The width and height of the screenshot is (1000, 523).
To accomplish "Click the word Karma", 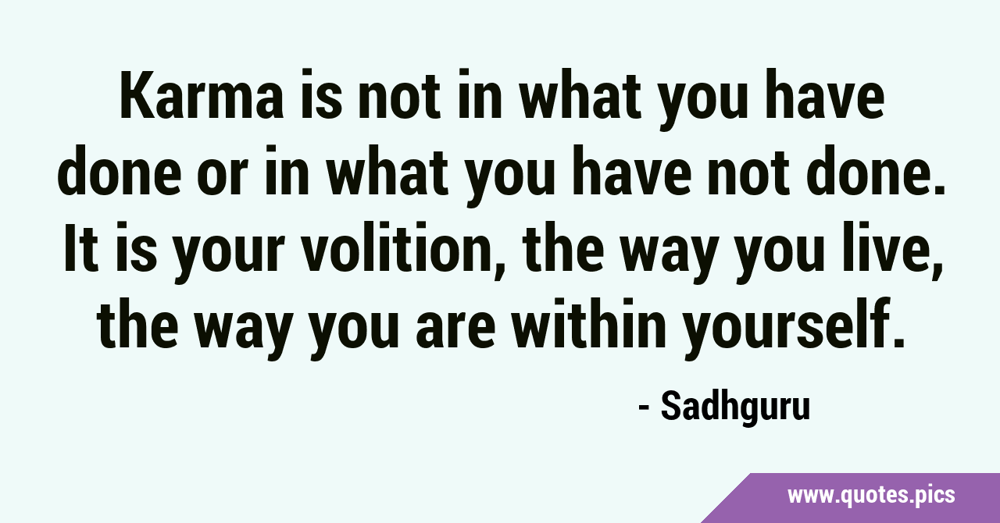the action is pos(202,96).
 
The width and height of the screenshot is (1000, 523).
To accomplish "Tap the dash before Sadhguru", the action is pos(643,407).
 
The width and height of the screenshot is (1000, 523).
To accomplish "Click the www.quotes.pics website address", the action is pos(871,496).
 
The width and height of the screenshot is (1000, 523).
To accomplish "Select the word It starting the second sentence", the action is pos(81,247).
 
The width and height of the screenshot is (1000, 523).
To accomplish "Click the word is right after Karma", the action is pos(319,96).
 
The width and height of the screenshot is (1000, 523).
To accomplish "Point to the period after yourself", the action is pos(899,341).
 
